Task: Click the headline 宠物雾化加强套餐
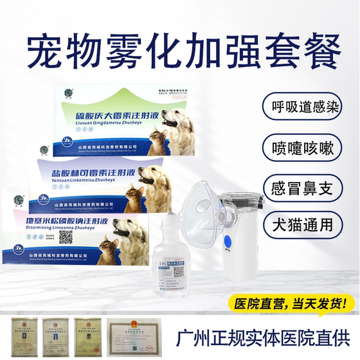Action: click(179, 48)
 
